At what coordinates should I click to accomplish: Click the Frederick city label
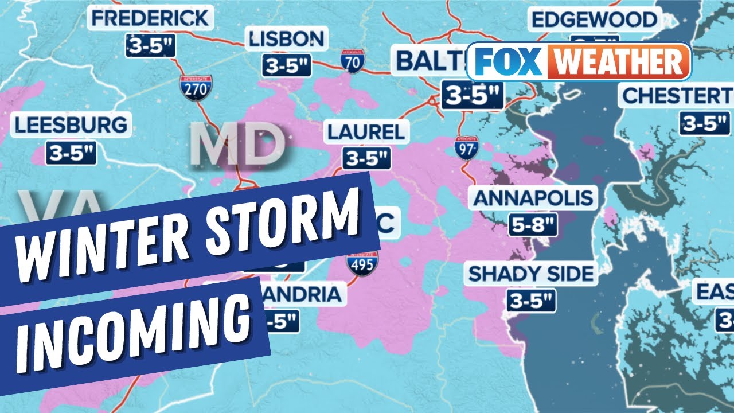(x=151, y=18)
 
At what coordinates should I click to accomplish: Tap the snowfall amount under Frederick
(x=150, y=46)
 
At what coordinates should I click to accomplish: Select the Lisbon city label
(x=287, y=39)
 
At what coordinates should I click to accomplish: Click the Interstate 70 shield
(x=352, y=61)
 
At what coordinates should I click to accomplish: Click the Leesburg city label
(x=71, y=125)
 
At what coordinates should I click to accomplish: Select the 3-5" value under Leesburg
(x=71, y=153)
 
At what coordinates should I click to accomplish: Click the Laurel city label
(x=366, y=133)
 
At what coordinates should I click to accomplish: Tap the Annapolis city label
(x=533, y=198)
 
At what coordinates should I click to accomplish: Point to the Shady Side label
(x=532, y=274)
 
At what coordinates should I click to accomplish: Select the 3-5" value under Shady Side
(x=531, y=301)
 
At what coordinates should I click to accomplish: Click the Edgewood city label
(x=594, y=20)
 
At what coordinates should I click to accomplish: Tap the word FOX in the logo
(x=505, y=61)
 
